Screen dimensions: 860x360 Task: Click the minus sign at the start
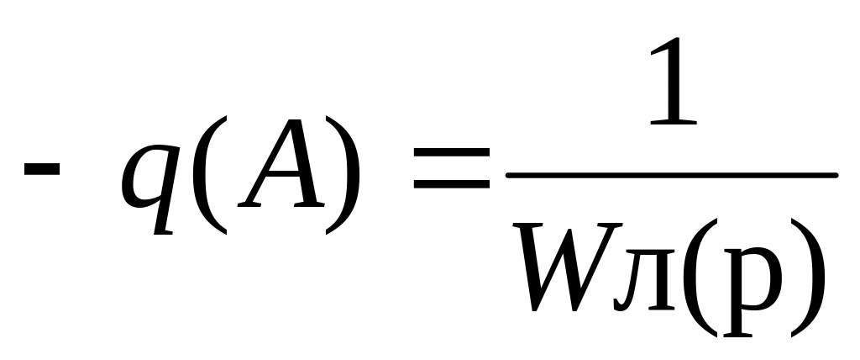(42, 168)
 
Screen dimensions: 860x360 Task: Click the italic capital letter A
(281, 163)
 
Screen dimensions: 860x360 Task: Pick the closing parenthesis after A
(343, 175)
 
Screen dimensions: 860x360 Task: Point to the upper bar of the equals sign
(451, 152)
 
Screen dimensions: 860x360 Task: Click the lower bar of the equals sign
(451, 184)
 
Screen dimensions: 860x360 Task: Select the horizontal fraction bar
(672, 175)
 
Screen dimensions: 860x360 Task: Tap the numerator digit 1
(673, 81)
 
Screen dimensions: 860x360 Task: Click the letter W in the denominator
(568, 267)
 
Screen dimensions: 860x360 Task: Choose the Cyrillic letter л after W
(645, 280)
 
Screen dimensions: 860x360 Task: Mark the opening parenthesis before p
(700, 278)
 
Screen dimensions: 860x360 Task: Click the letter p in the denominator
(752, 292)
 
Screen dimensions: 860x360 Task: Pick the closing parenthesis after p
(807, 278)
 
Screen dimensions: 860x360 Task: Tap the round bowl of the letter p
(764, 278)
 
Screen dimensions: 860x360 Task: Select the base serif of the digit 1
(673, 123)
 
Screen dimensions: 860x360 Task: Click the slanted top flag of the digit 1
(663, 45)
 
